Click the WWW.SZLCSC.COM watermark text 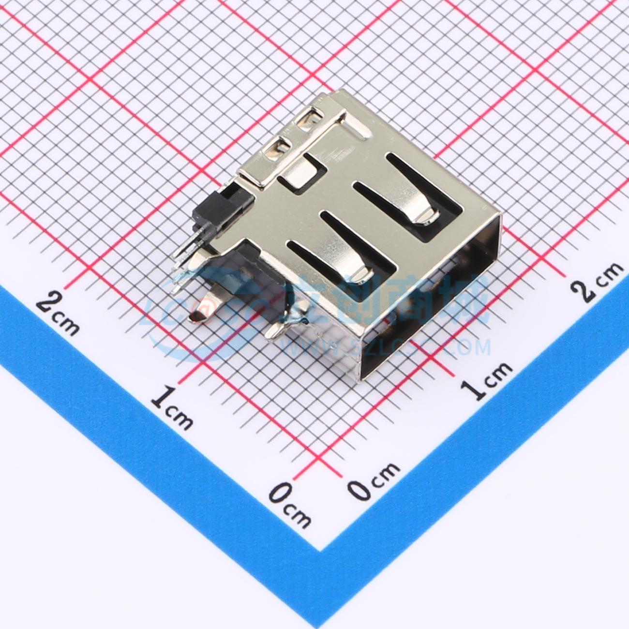coord(387,346)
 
